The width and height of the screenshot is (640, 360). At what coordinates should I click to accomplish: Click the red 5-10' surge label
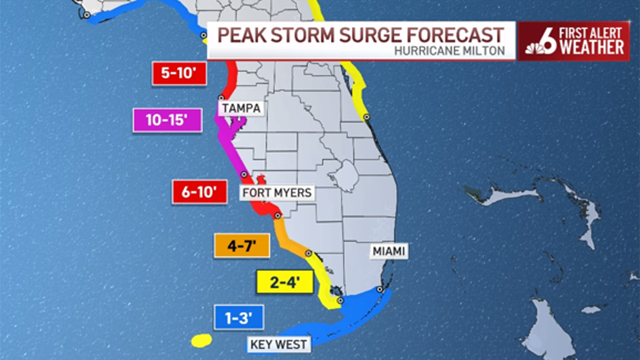[x=179, y=74]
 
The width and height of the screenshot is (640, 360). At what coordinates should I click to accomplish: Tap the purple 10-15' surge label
[x=167, y=121]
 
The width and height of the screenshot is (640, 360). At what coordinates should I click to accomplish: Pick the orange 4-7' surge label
[x=241, y=246]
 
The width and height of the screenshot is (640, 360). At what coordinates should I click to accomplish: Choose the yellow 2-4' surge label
[x=284, y=282]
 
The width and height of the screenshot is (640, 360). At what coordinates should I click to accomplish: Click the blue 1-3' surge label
[x=239, y=318]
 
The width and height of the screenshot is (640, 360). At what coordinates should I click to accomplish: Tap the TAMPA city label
[x=242, y=108]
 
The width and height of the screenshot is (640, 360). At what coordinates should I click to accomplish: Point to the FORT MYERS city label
[x=277, y=193]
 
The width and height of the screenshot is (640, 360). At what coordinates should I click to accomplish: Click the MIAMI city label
[x=389, y=251]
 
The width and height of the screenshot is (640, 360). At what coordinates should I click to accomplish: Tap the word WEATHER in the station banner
[x=592, y=48]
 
